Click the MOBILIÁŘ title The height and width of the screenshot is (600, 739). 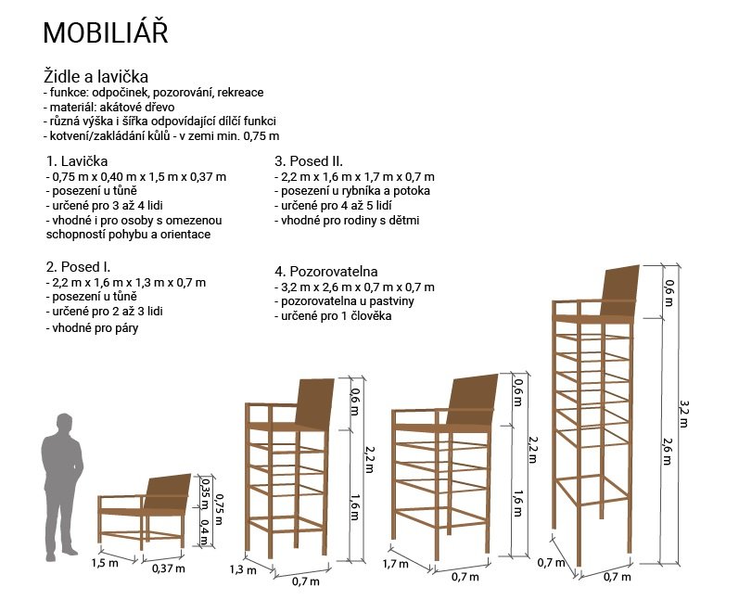[x=106, y=32]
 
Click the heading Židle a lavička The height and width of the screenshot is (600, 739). [x=96, y=76]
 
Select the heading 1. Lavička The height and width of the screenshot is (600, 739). [x=77, y=161]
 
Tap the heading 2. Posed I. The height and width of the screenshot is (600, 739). [x=78, y=267]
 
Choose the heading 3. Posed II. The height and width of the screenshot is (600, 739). [x=309, y=161]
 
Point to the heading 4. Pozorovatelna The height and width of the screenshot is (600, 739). [x=326, y=272]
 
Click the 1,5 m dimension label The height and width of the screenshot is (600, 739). [x=105, y=563]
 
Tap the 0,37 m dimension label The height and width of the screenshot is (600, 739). [x=168, y=568]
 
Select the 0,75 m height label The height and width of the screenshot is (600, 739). [x=219, y=508]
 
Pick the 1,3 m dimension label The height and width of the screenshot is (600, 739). [x=243, y=569]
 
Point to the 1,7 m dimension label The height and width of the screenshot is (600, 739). [x=395, y=564]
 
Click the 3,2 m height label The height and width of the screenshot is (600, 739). [x=683, y=414]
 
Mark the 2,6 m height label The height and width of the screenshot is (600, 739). [x=668, y=451]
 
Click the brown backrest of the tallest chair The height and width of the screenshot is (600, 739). [x=620, y=291]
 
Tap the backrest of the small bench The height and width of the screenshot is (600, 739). [x=167, y=492]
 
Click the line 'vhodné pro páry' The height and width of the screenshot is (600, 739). [x=92, y=328]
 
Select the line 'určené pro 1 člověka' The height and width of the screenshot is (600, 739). [x=333, y=316]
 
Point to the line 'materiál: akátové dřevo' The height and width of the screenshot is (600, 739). [x=108, y=107]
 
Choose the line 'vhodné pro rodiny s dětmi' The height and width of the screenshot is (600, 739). [x=347, y=220]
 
